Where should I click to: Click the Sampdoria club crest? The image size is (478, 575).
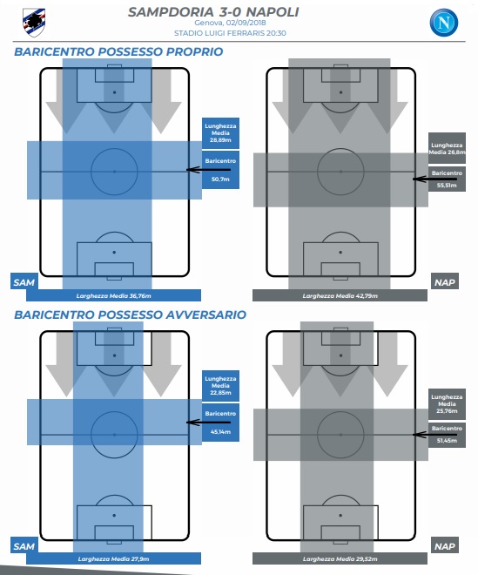coord(34,23)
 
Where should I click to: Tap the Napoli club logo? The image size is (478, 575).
coord(443,23)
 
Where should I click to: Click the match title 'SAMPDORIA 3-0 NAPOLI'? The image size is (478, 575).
coord(213,12)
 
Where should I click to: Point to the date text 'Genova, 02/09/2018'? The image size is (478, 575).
coord(230,23)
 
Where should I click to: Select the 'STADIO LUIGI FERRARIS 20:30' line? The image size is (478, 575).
coord(230,33)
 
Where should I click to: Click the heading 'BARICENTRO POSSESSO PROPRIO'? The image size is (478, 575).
coord(118,51)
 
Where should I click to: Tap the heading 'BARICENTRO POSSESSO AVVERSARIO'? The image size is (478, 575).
coord(130,315)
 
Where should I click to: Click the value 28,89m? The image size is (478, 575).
coord(220,140)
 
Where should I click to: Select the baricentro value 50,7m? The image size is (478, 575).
coord(220,179)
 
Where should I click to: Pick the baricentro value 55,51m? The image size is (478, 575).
coord(447,186)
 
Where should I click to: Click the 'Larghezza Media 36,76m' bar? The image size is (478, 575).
coord(114,295)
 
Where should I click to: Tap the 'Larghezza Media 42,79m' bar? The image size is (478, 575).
coord(340,295)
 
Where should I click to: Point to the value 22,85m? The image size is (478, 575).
coord(220,393)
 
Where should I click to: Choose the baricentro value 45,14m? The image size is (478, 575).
coord(220,432)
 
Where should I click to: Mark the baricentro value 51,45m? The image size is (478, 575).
coord(447,441)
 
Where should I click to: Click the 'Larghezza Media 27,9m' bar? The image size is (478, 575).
coord(114,558)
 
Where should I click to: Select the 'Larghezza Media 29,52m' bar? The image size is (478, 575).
coord(340,558)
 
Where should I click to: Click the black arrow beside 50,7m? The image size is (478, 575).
coord(208,169)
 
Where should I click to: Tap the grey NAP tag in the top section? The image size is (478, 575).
coord(445,282)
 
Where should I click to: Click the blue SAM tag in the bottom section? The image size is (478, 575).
coord(24,546)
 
